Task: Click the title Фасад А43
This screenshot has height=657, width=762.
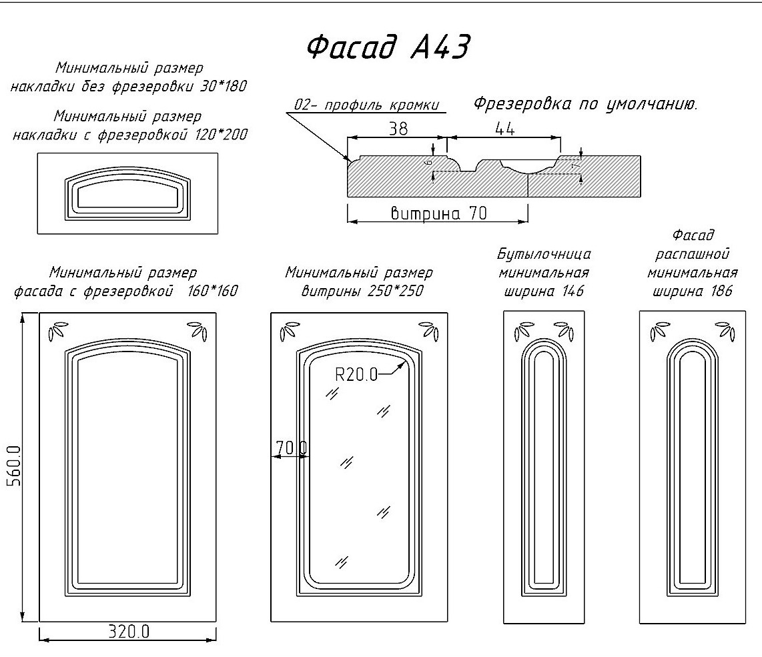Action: click(389, 47)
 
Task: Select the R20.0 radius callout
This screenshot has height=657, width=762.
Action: click(356, 374)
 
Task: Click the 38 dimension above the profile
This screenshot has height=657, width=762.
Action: click(398, 129)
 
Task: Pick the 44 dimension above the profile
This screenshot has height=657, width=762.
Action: click(504, 130)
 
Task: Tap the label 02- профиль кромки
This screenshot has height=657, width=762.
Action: click(366, 105)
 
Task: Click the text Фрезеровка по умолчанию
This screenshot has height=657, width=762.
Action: click(585, 104)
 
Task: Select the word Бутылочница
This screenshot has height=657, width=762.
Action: click(544, 254)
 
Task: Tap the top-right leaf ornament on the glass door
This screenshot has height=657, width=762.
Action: click(428, 330)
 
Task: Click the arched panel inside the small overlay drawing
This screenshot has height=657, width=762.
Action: click(127, 193)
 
